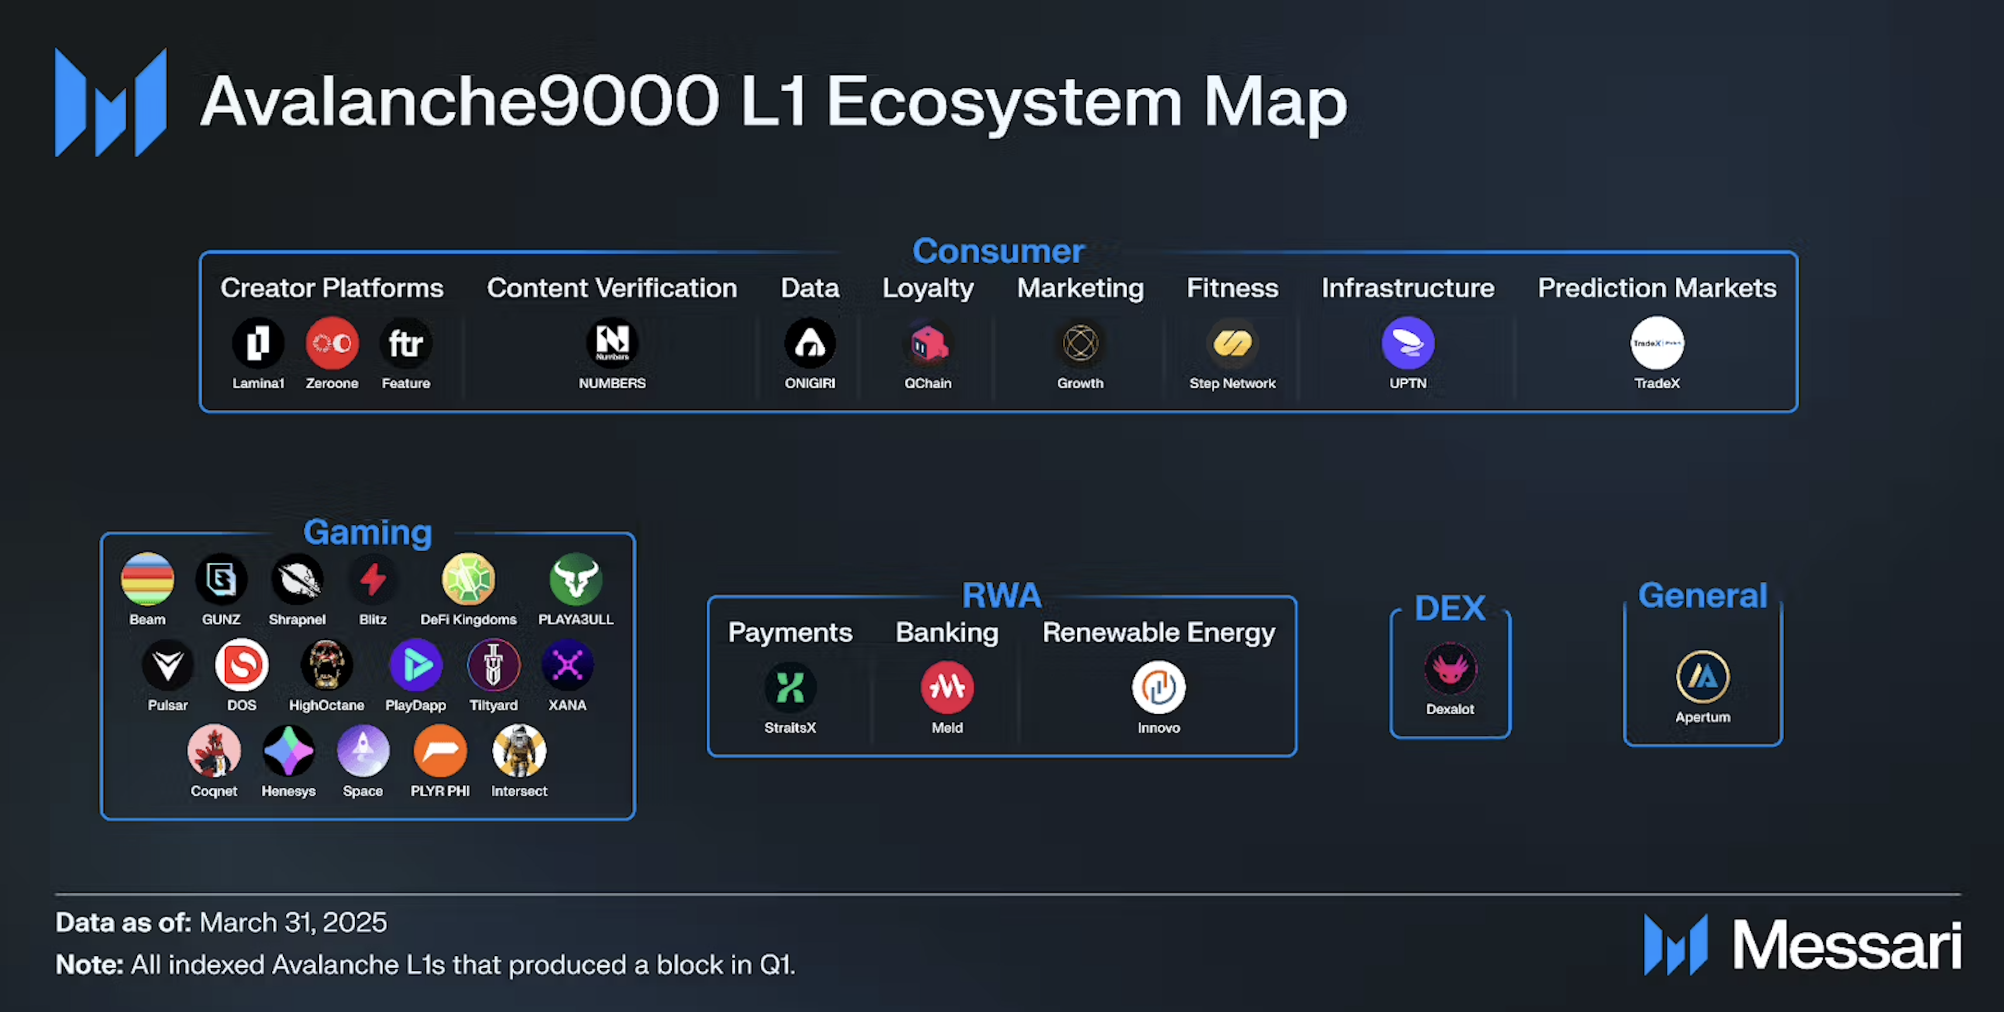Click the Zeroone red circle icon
click(x=332, y=343)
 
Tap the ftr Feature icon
click(x=405, y=343)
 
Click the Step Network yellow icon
click(x=1232, y=343)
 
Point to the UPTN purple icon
click(x=1408, y=343)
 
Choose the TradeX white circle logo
click(x=1657, y=343)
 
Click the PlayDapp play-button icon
click(x=415, y=665)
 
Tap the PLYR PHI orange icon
click(x=440, y=751)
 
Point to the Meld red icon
click(x=947, y=687)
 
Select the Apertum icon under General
click(x=1703, y=677)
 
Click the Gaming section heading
click(x=367, y=532)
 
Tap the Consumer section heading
click(x=998, y=250)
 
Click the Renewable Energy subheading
click(x=1158, y=632)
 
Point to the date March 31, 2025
click(x=293, y=922)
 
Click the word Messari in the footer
click(x=1846, y=945)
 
